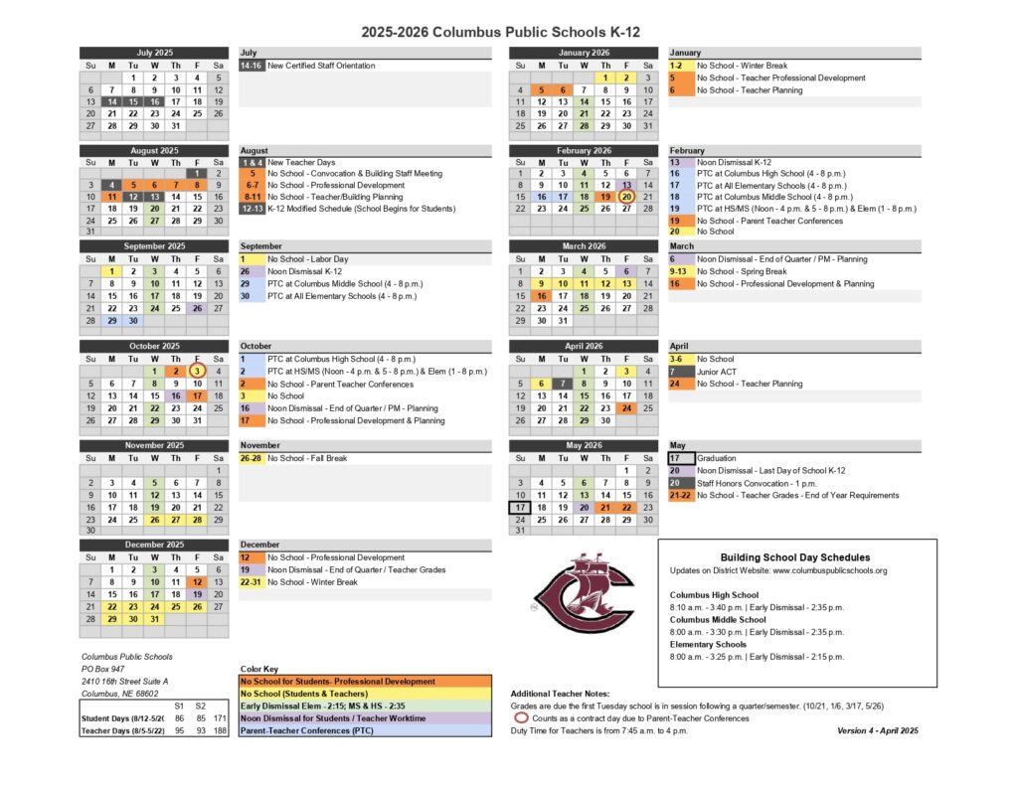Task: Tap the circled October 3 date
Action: pyautogui.click(x=197, y=371)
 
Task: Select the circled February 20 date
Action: pyautogui.click(x=626, y=196)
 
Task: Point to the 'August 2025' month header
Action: pyautogui.click(x=155, y=151)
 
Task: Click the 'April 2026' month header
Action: pyautogui.click(x=585, y=346)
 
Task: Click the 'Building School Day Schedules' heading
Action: pyautogui.click(x=794, y=557)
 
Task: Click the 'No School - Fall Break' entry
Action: pyautogui.click(x=308, y=458)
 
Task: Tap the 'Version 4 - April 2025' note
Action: pyautogui.click(x=879, y=730)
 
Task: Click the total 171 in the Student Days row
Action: pyautogui.click(x=220, y=717)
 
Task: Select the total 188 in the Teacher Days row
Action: pyautogui.click(x=220, y=730)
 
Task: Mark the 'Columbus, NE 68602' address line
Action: pyautogui.click(x=119, y=694)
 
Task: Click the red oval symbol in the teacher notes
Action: pyautogui.click(x=520, y=717)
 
